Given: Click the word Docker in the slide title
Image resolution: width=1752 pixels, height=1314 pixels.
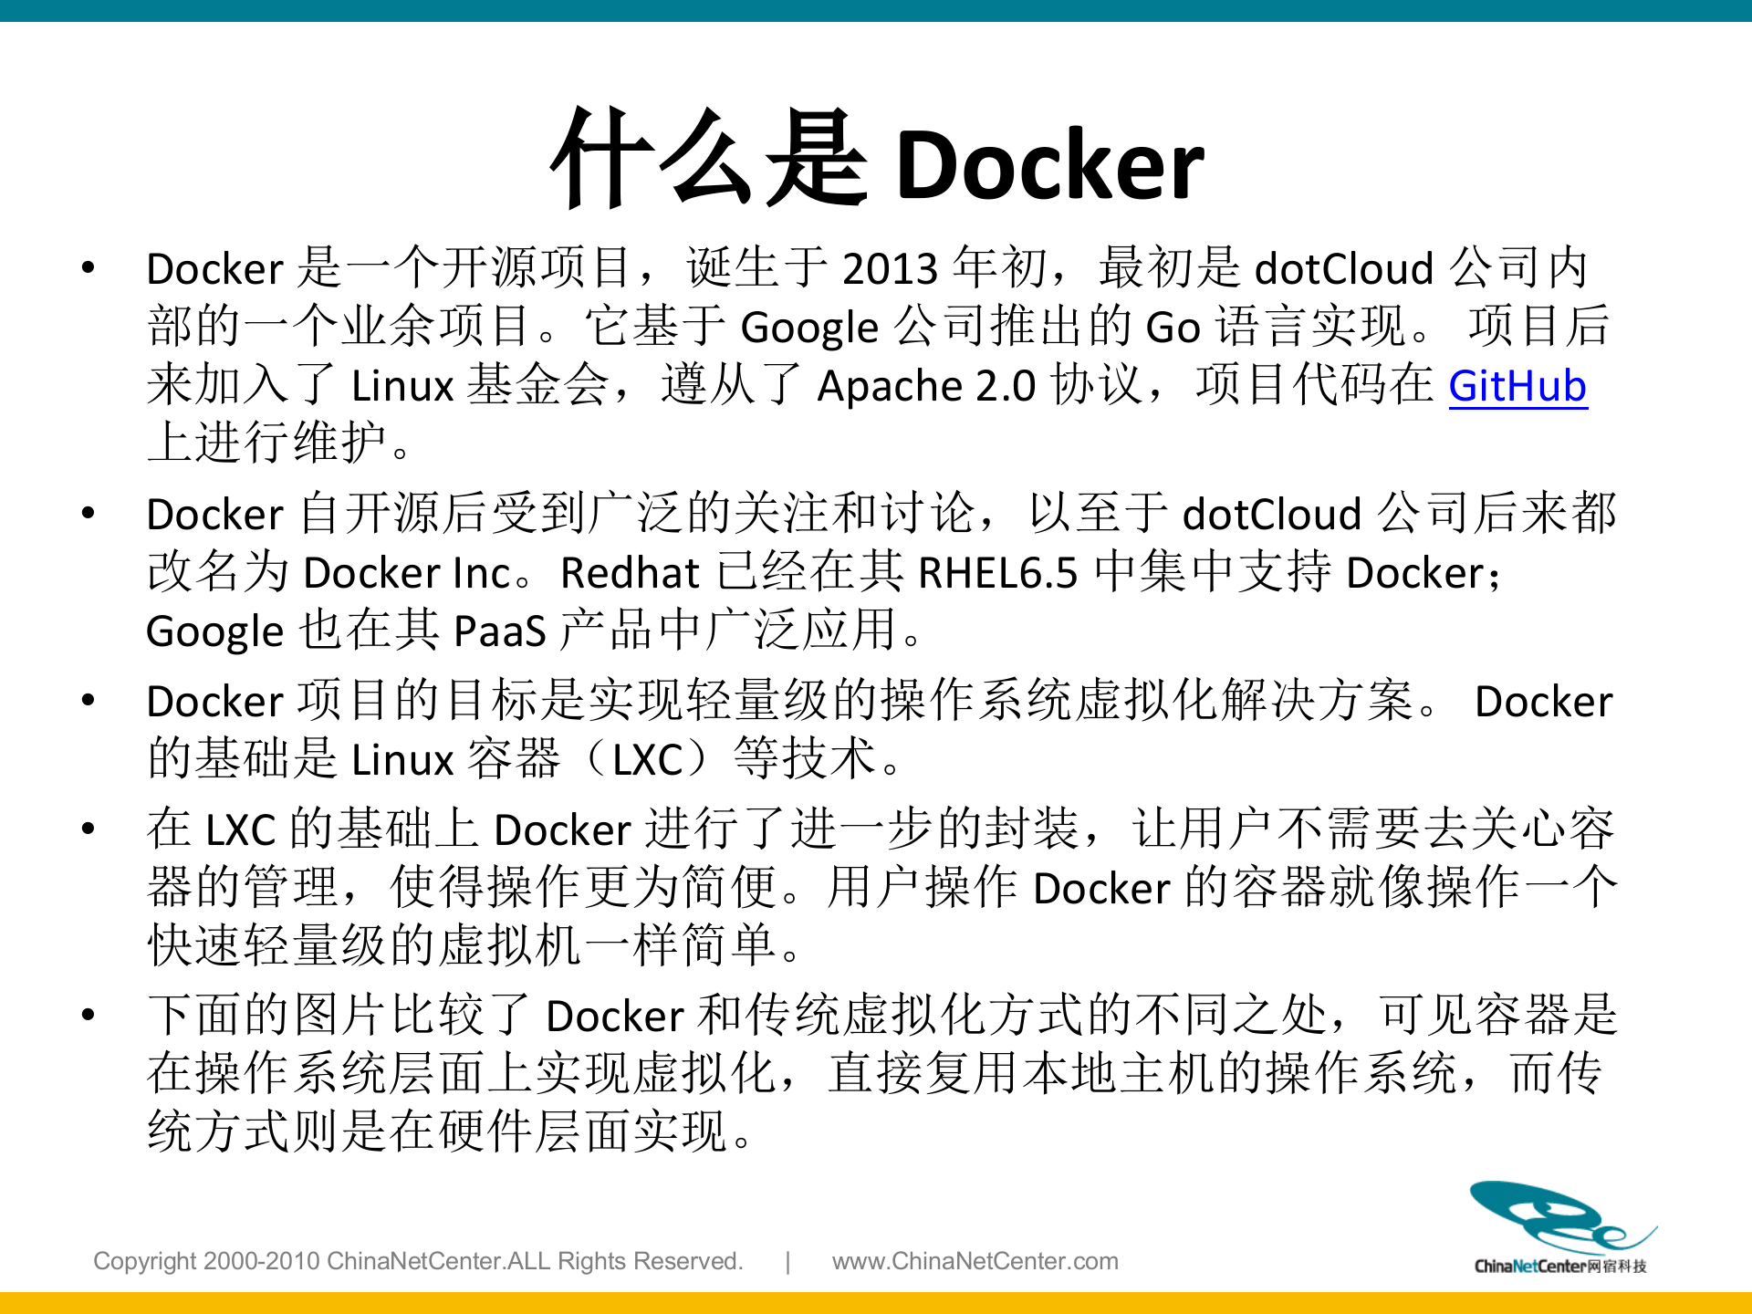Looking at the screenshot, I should (1050, 165).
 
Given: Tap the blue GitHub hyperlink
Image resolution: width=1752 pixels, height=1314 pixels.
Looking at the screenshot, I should (1517, 386).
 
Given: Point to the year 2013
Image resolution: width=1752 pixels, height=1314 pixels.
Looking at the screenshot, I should (890, 269).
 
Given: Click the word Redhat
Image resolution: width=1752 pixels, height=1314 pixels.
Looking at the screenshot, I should (630, 573).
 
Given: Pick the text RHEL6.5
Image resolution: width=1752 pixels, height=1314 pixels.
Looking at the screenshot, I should (997, 573).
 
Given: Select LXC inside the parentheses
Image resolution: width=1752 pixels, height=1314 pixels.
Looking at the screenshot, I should (648, 759).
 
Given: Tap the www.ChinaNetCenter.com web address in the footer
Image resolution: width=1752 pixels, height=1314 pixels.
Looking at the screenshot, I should (975, 1261).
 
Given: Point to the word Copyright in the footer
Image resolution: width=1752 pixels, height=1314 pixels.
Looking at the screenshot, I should (145, 1261).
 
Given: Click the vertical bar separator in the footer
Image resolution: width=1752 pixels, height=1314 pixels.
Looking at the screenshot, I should (787, 1261).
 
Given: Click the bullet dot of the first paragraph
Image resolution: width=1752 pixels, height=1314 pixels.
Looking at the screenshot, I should (89, 268).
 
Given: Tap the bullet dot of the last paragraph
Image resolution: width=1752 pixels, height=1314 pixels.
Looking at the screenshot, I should (89, 1015).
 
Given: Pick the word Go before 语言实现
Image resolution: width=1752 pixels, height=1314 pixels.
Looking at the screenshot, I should (1173, 328).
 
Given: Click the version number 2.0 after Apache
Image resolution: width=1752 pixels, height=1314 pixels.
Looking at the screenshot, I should (1005, 386).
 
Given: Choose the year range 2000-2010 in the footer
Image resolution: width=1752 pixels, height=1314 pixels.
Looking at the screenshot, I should (262, 1261).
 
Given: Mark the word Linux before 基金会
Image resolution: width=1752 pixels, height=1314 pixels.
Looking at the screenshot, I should (402, 386).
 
